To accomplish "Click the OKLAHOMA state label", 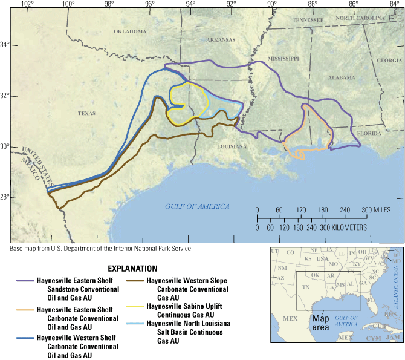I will (x=129, y=31).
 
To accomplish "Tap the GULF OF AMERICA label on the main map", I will (x=198, y=206).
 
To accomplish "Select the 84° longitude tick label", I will (x=395, y=4).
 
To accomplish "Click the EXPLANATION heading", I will (x=132, y=269).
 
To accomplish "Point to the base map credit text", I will (x=100, y=249).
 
